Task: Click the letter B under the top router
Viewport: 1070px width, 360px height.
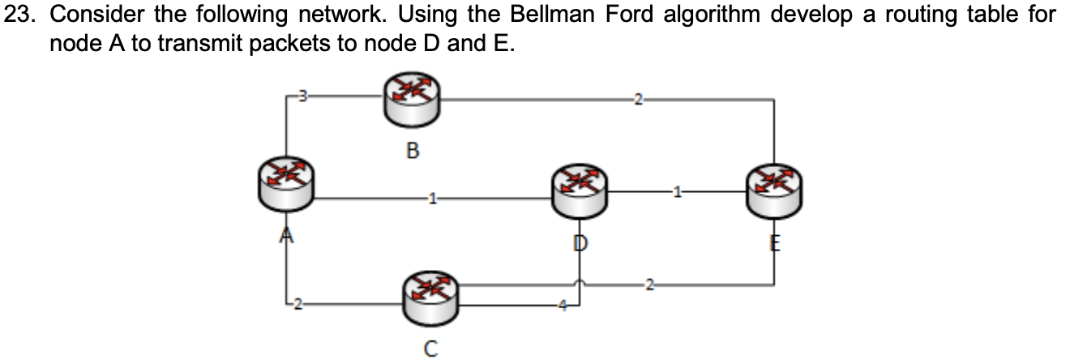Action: [412, 150]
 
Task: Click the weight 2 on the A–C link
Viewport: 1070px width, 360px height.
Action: [297, 304]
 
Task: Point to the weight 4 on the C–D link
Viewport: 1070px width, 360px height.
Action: [559, 305]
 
